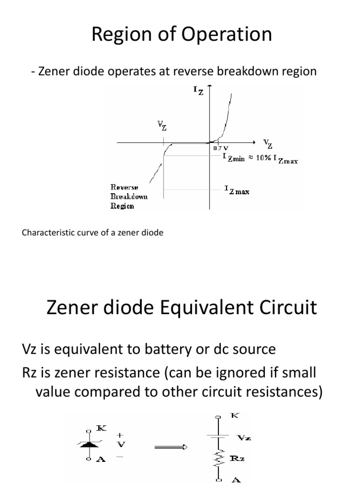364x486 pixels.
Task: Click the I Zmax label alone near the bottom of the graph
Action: coord(237,191)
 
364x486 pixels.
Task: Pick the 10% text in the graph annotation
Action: coord(265,159)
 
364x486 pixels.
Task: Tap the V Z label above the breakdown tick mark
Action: coord(162,126)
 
